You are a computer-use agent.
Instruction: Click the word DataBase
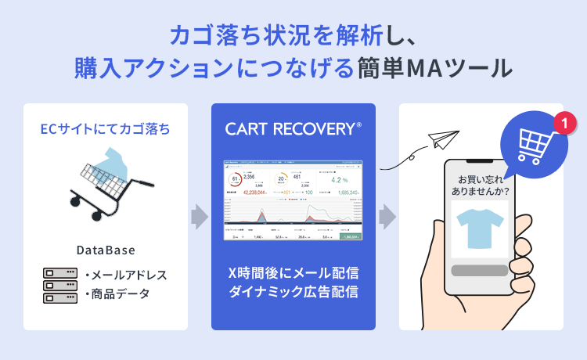tap(106, 250)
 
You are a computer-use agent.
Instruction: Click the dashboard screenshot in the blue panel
tap(293, 200)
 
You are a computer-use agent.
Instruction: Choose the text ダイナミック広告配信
tap(293, 293)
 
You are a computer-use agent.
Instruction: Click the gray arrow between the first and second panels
tap(200, 216)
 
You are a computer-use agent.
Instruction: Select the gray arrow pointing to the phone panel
tap(387, 216)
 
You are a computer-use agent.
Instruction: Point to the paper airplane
tap(442, 139)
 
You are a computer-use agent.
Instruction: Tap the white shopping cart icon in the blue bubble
tap(532, 144)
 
